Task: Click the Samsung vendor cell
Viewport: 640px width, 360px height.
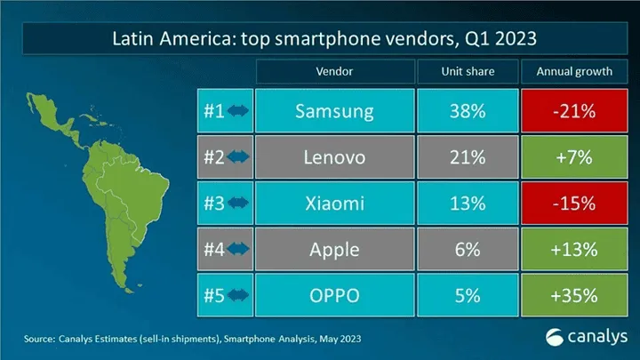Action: [335, 113]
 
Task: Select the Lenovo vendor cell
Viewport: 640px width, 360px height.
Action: [335, 159]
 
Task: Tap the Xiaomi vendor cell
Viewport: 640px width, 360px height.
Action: [335, 204]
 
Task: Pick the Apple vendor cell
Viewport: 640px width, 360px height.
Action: [335, 250]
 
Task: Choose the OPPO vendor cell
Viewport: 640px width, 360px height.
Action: [335, 296]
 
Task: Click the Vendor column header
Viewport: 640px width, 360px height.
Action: [335, 71]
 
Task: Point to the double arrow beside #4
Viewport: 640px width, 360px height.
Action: [238, 250]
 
